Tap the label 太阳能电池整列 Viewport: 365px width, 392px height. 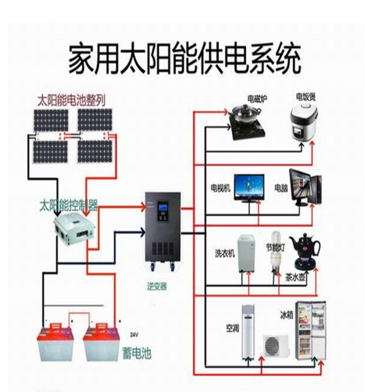71,99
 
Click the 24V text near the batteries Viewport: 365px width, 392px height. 134,335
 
